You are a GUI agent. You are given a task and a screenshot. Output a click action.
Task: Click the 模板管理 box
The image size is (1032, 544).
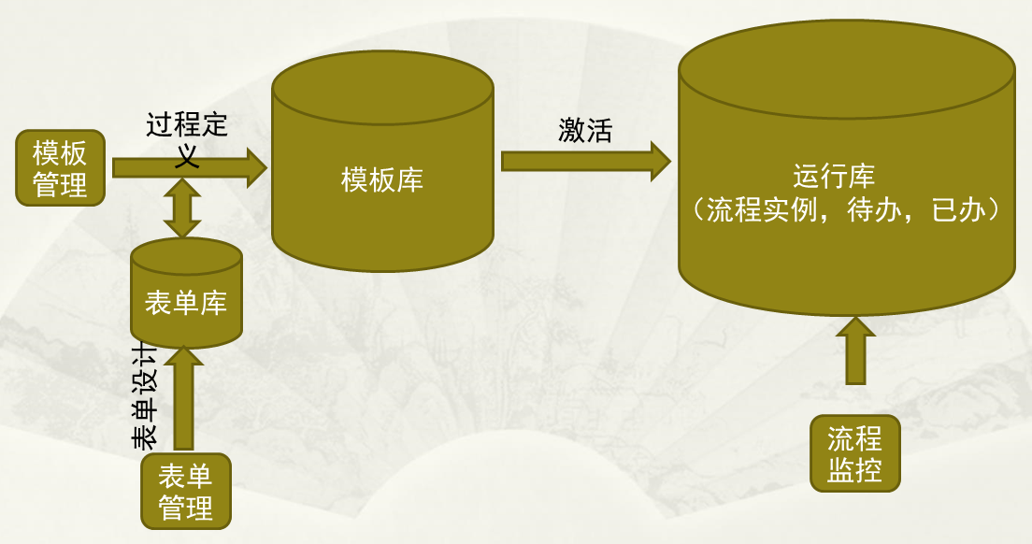[60, 168]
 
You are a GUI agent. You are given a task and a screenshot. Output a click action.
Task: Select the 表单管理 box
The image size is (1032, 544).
[185, 492]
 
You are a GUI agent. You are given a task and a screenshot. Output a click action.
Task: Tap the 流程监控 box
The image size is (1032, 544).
[854, 453]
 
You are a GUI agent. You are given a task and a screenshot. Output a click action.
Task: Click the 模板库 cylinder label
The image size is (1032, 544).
[382, 179]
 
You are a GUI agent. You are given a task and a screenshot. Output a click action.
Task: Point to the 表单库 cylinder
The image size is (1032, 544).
[186, 293]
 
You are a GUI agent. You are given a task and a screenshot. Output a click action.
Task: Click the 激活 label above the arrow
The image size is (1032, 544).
[585, 130]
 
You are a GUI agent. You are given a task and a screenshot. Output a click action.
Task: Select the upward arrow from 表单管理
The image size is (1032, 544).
[183, 397]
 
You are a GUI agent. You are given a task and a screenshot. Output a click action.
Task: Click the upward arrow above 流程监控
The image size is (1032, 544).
[854, 351]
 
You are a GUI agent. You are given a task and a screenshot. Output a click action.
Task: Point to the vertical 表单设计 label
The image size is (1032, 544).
[146, 393]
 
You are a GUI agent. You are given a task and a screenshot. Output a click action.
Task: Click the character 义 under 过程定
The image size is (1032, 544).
[187, 153]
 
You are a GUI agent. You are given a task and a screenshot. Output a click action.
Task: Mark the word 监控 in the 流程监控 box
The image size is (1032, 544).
[854, 469]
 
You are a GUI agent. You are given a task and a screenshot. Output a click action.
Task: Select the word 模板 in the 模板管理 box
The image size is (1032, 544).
[60, 152]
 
